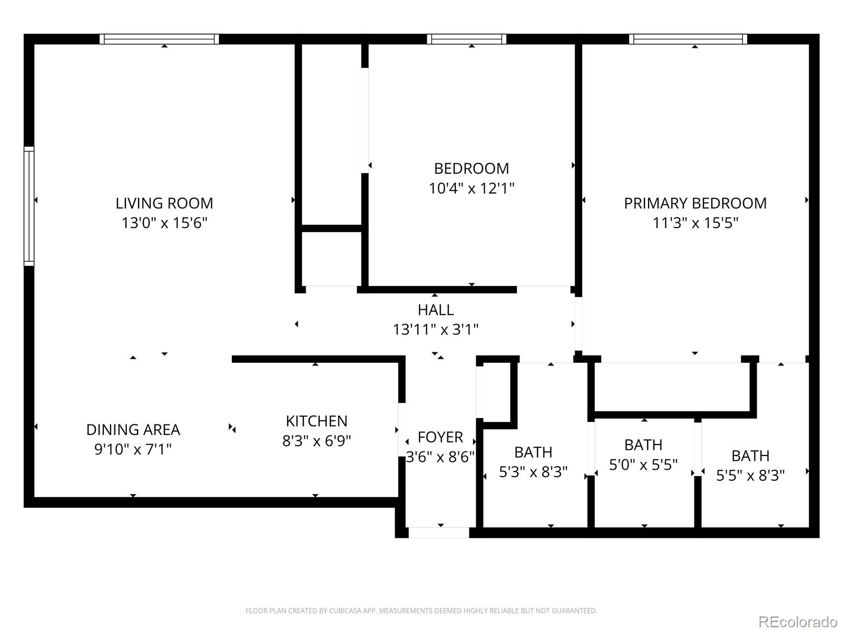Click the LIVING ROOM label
tap(164, 203)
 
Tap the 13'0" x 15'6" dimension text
tap(164, 223)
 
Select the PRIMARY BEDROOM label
tap(695, 203)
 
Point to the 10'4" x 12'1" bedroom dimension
tap(471, 188)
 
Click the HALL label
tap(435, 310)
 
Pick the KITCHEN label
tap(316, 421)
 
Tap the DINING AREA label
tap(133, 430)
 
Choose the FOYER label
tap(440, 437)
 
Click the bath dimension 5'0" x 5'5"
tap(643, 465)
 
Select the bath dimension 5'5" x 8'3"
tap(750, 476)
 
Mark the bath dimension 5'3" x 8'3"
tap(533, 472)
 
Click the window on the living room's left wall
tap(29, 206)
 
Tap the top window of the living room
tap(159, 39)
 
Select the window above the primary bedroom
tap(688, 39)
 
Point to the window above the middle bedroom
tap(466, 39)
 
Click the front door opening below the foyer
tap(439, 532)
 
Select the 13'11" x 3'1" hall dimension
tap(435, 330)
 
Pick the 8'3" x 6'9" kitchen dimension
tap(316, 441)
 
